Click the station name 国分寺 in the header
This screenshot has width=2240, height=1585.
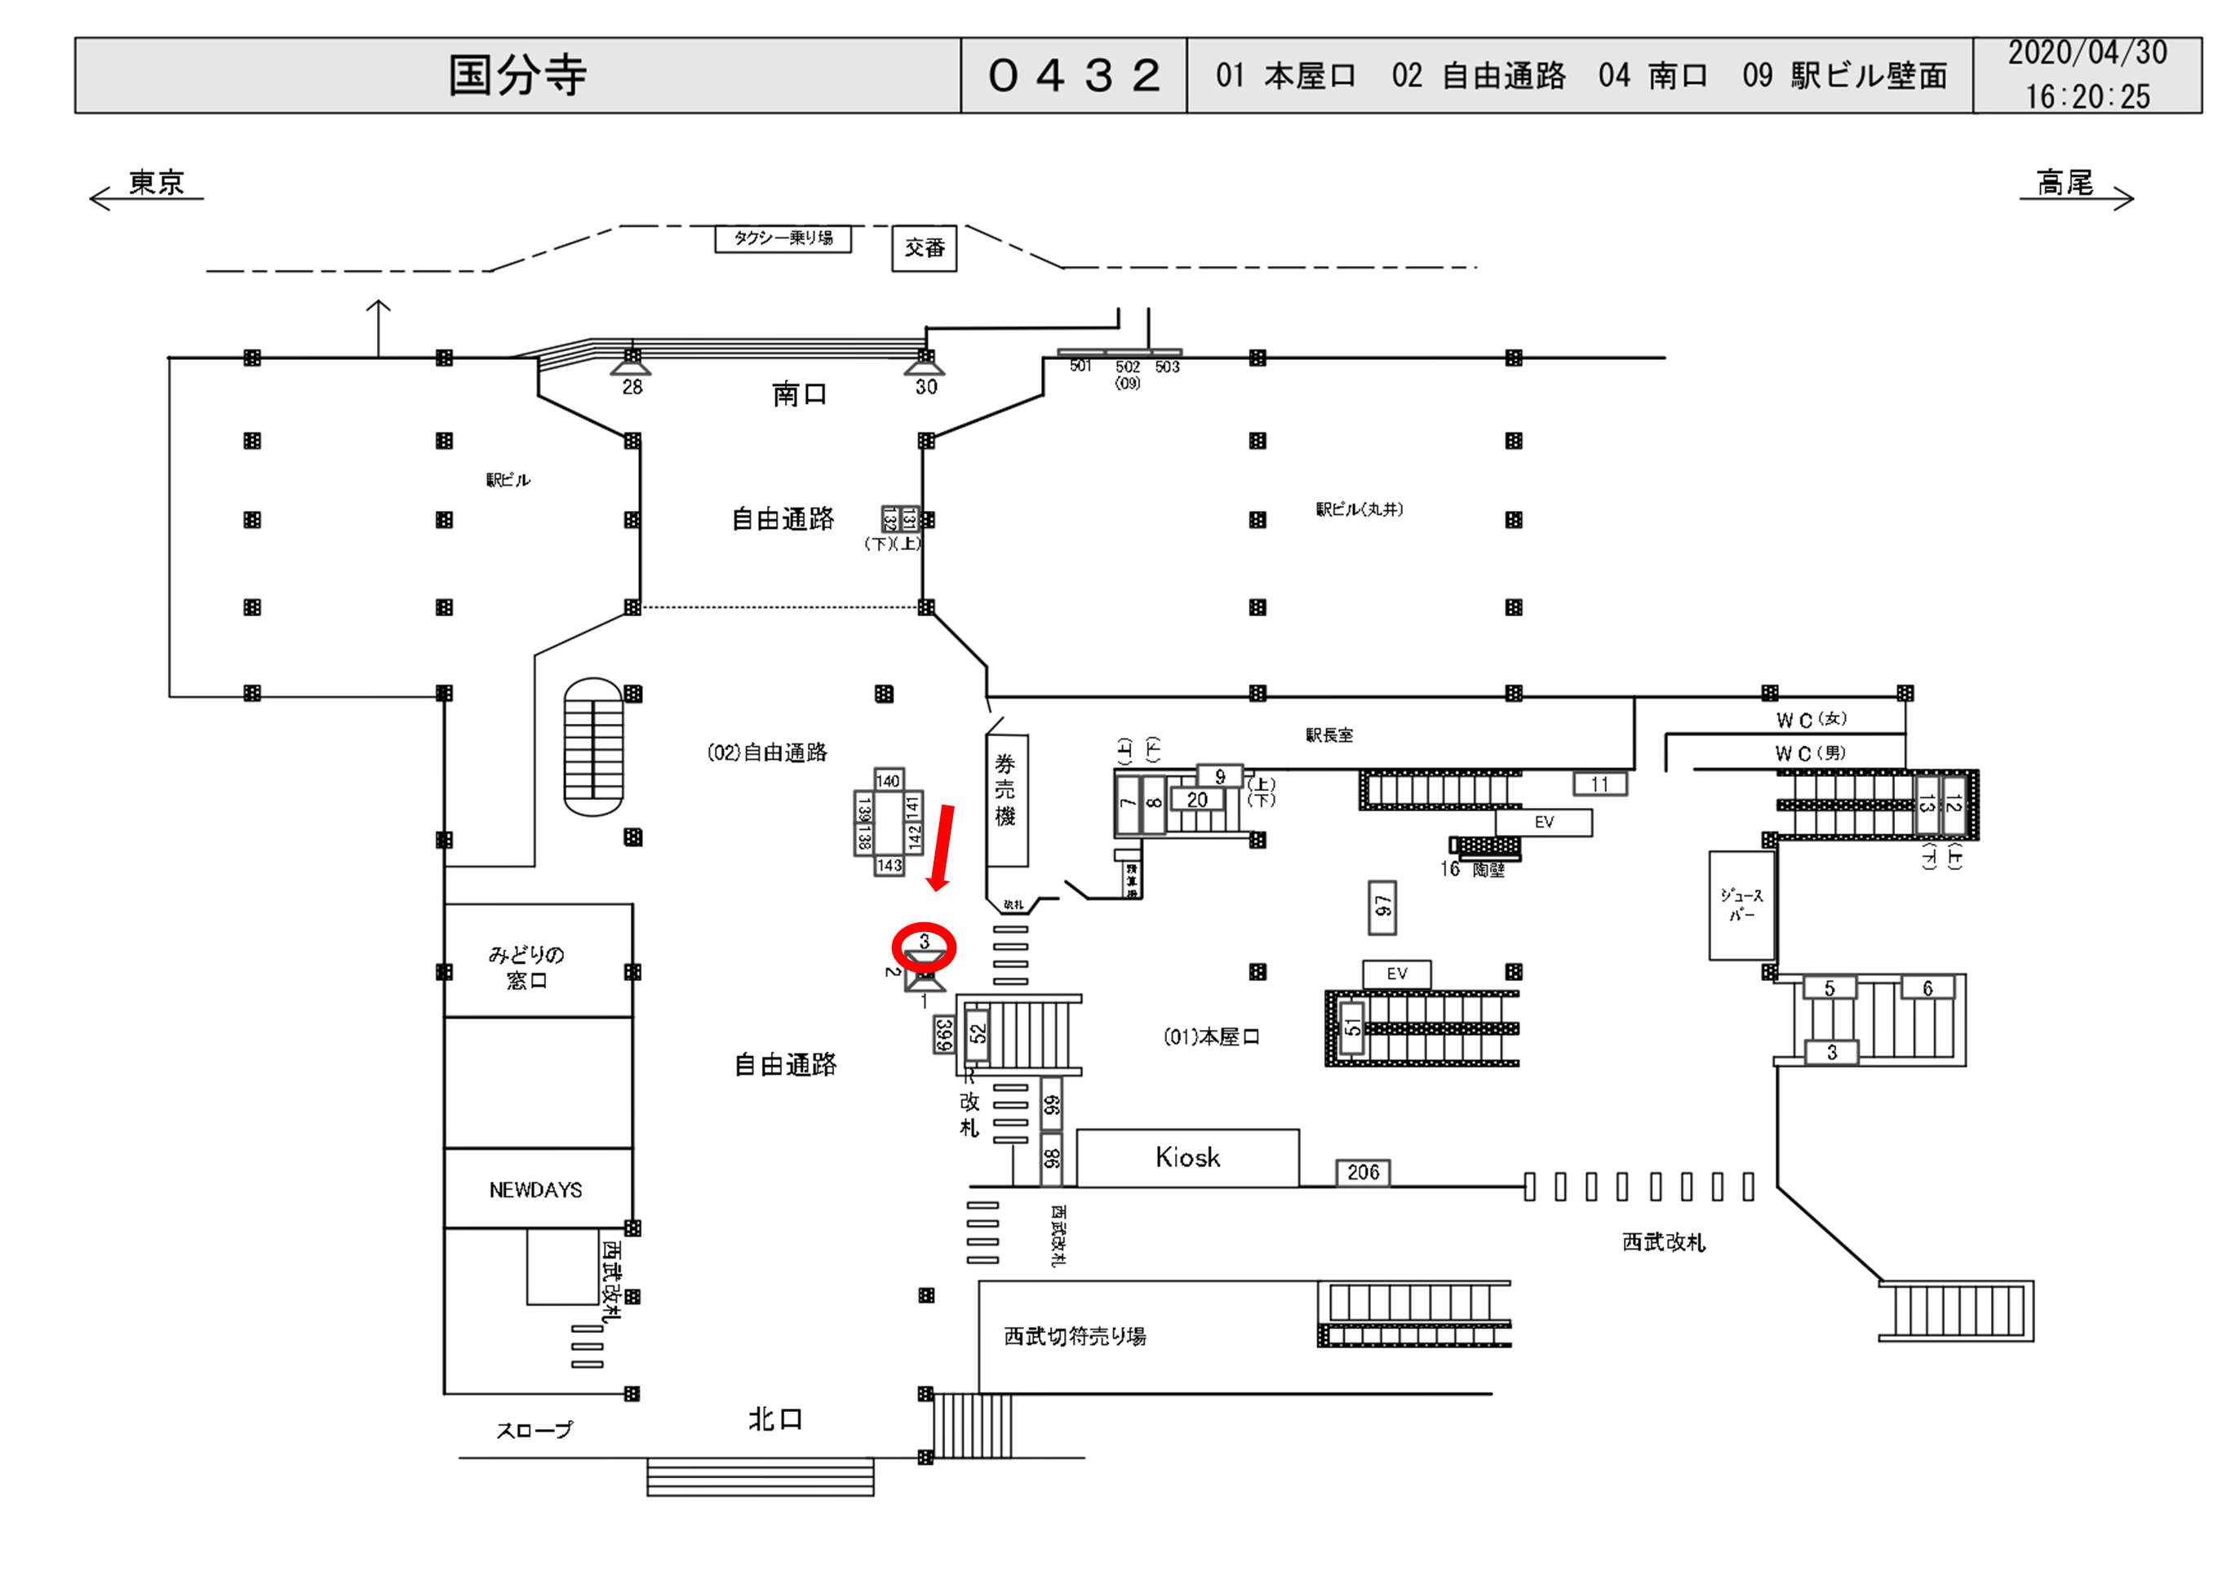tap(517, 75)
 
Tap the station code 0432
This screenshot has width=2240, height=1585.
tap(1073, 75)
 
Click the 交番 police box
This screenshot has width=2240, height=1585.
tap(924, 248)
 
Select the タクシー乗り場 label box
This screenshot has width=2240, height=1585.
tap(783, 238)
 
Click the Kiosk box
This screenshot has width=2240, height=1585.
tap(1187, 1157)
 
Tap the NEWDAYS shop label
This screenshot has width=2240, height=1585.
tap(535, 1190)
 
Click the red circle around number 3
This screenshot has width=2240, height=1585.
tap(924, 946)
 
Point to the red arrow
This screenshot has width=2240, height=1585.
tap(943, 847)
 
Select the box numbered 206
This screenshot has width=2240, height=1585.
tap(1362, 1172)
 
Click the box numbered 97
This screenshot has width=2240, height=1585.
tap(1382, 907)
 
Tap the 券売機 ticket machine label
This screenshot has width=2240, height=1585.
tap(1006, 791)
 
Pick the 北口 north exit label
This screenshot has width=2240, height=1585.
tap(774, 1419)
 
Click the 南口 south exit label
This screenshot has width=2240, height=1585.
tap(799, 394)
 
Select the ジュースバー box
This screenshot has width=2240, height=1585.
tap(1741, 905)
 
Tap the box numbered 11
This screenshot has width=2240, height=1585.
tap(1599, 784)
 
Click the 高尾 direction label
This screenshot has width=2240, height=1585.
tap(2065, 184)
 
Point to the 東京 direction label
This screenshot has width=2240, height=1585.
tap(157, 183)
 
